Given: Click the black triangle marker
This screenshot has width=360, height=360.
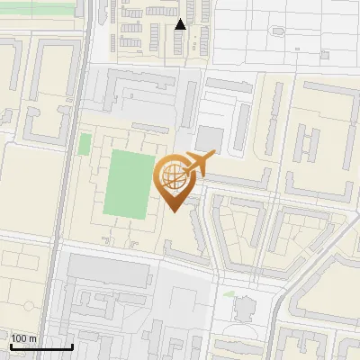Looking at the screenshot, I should pos(180,24).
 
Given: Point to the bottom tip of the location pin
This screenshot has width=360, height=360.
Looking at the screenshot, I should pos(173,211).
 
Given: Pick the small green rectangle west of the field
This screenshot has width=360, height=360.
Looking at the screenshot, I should pos(85,144).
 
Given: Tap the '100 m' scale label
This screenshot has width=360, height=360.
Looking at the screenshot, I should pos(23,338).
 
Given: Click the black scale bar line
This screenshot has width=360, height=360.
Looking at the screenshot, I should pos(40,346).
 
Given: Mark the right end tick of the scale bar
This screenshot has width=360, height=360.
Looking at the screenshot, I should pos(73,345).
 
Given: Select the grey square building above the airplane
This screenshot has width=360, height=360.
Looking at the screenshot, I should pos(210,138).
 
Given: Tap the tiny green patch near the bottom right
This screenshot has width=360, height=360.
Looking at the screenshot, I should pos(229,293).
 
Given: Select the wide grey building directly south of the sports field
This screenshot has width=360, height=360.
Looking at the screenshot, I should pos(108,270).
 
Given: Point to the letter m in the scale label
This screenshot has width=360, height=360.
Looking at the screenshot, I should pos(32,338).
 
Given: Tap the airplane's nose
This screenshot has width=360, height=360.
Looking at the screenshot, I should pos(214,157).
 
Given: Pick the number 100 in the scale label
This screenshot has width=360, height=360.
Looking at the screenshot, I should pos(19,338).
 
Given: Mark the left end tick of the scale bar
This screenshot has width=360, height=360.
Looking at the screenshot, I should pos(9,345).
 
